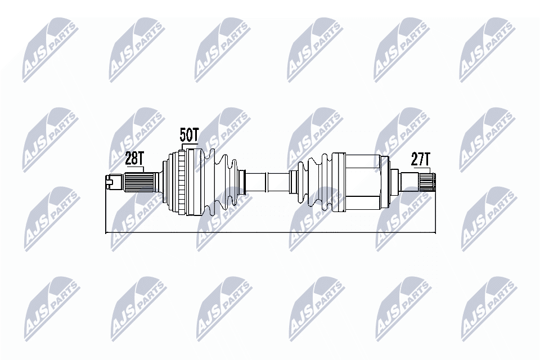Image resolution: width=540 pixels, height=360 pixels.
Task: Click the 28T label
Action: point(134,159)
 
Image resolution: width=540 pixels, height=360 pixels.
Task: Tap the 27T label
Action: point(420,159)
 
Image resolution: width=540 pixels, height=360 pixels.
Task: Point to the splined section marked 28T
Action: point(139,182)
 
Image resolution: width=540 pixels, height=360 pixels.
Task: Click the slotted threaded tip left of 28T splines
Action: point(114,181)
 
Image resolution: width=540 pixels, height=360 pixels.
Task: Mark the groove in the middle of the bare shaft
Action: point(267,182)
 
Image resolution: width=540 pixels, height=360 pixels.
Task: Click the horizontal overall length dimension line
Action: point(270,232)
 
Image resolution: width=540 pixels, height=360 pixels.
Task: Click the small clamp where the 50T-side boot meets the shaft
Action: point(243,182)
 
